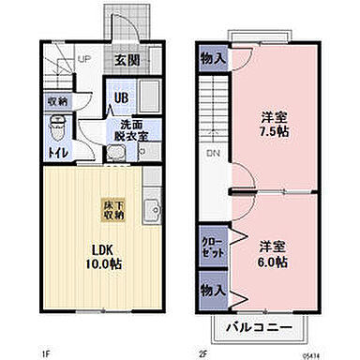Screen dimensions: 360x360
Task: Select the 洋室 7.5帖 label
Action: click(x=275, y=126)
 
